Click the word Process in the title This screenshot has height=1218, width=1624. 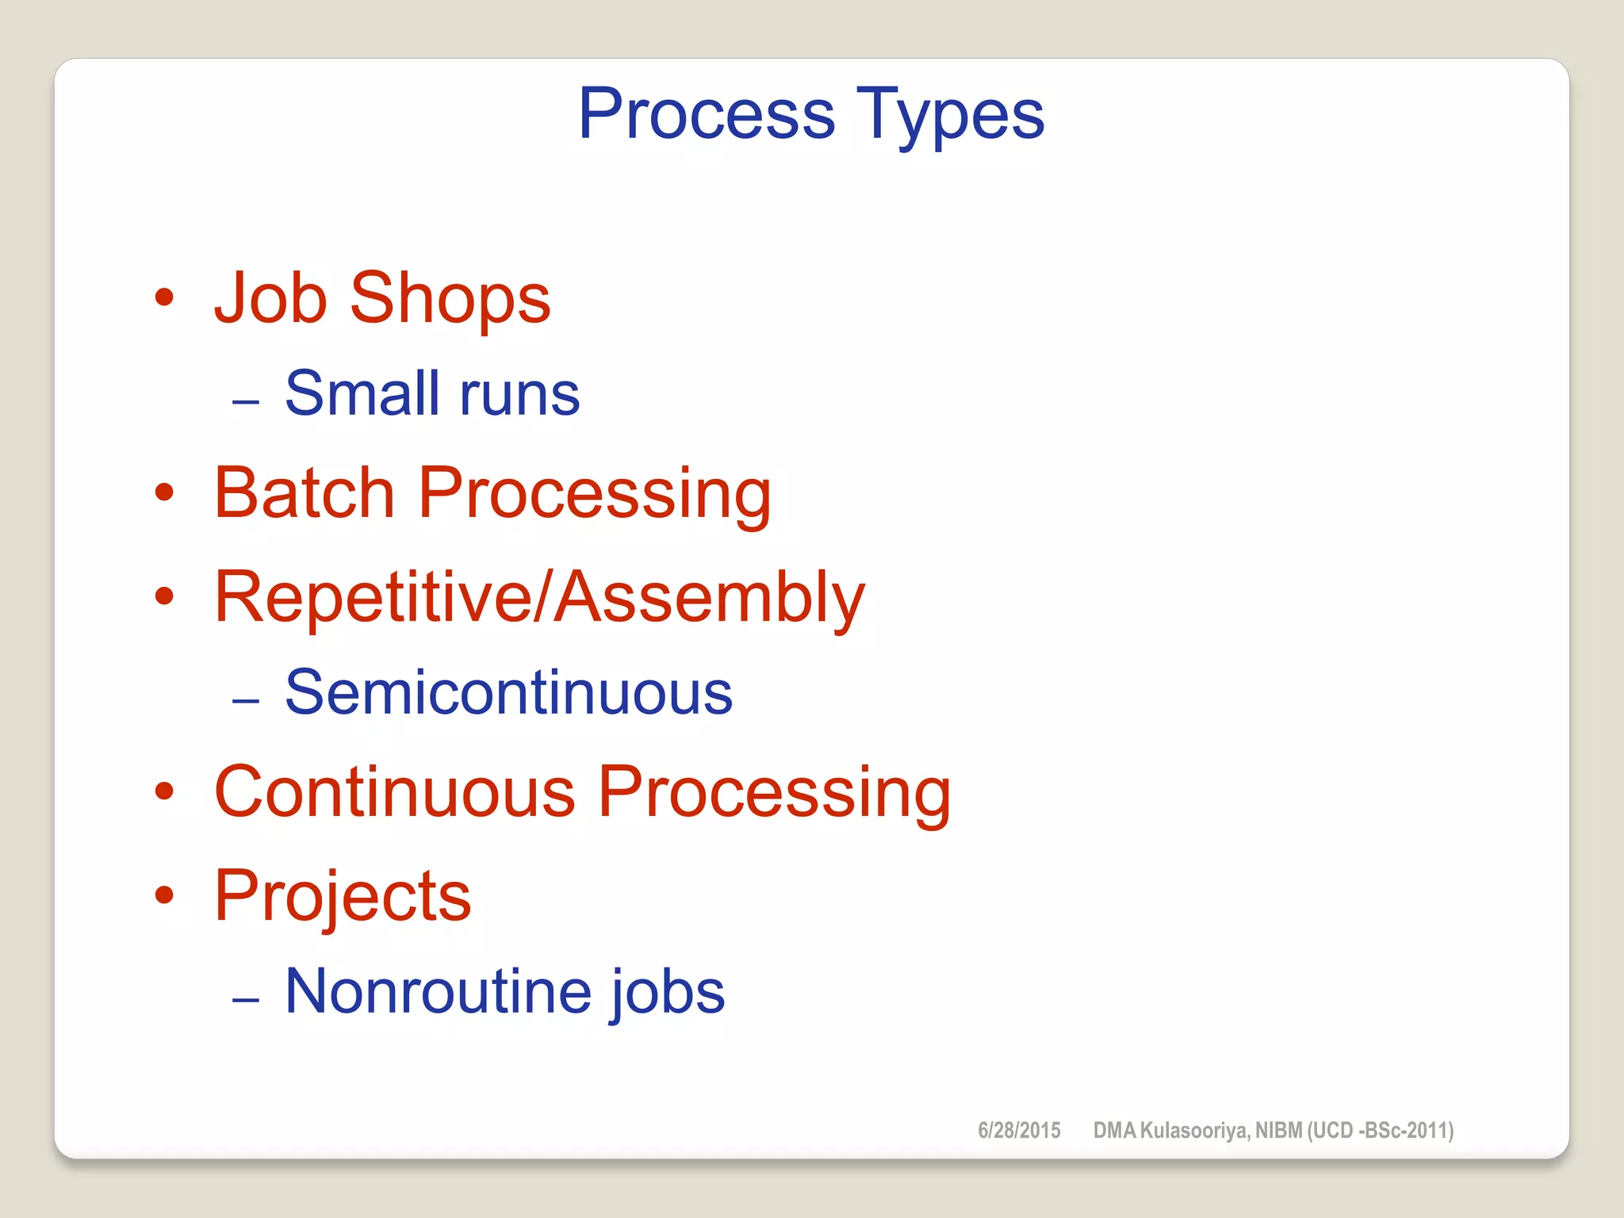707,114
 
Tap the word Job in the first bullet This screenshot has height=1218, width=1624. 270,298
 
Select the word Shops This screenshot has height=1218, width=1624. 450,300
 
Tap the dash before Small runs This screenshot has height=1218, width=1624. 246,402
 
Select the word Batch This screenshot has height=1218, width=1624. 304,493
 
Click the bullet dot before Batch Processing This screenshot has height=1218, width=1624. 164,492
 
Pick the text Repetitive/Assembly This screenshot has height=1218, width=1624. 539,598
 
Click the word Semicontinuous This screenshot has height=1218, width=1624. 508,693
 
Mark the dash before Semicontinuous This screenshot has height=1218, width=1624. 246,701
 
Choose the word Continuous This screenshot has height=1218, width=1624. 394,792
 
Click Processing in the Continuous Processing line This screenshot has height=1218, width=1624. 774,794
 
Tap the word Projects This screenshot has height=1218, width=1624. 343,897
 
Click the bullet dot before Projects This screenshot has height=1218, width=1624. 164,895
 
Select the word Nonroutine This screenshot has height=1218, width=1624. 438,991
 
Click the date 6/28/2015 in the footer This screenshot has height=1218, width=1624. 1019,1130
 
